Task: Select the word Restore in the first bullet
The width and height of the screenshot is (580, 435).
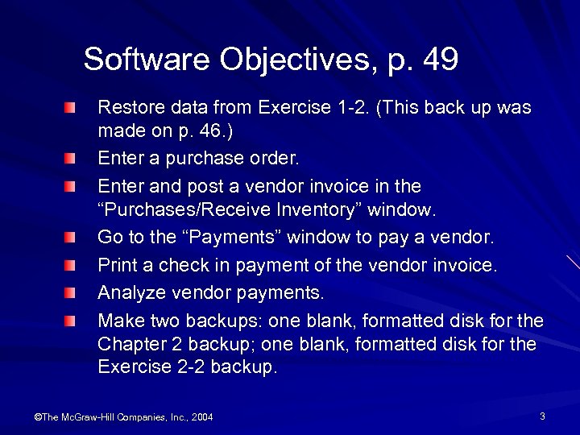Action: [125, 107]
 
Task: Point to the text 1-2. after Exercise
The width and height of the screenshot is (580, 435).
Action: [350, 107]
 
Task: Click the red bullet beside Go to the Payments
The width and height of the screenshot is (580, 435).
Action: [72, 238]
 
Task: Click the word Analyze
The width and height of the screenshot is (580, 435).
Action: [128, 291]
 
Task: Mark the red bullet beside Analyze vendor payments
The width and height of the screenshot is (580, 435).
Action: [72, 291]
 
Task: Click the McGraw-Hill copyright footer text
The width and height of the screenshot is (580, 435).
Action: [122, 416]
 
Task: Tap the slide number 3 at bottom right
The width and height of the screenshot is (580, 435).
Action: [542, 416]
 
